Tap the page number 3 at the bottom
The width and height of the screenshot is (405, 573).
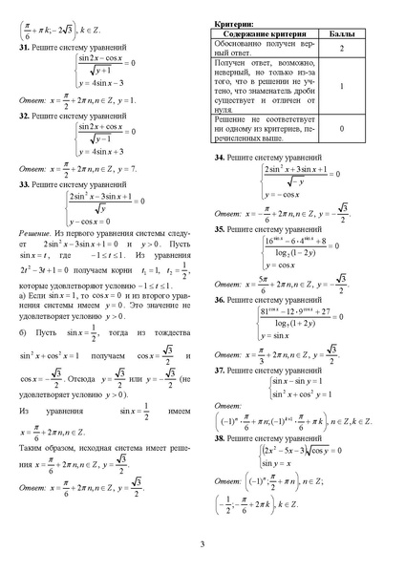tap(202, 545)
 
